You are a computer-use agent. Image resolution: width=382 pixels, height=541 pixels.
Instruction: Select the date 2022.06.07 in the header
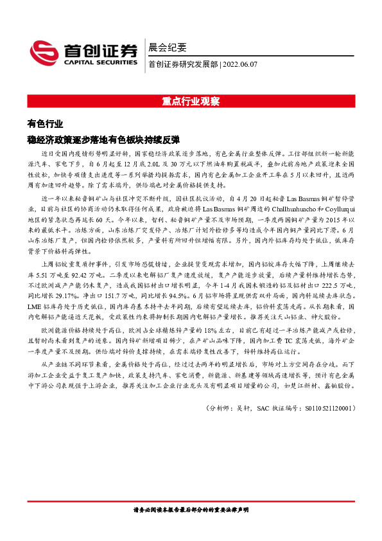241,64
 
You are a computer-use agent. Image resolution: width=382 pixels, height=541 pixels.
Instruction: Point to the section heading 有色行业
46,125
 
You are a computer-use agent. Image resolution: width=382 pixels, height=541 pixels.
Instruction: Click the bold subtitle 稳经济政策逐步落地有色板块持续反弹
103,139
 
